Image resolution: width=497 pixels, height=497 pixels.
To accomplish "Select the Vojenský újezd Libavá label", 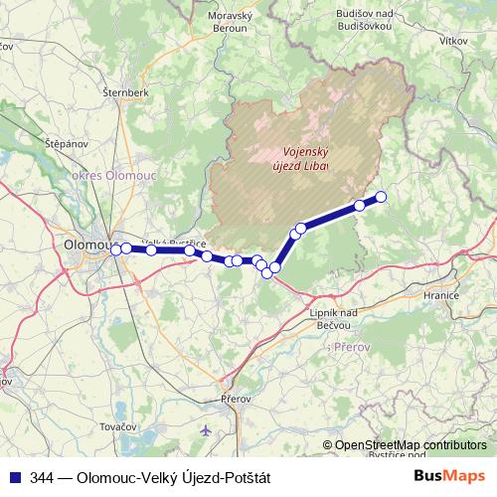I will coord(300,159).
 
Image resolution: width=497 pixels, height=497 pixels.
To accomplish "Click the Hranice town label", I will coord(440,296).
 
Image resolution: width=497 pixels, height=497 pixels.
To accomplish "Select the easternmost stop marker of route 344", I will coord(380,196).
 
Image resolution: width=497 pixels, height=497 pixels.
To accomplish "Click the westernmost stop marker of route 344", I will coord(115,249).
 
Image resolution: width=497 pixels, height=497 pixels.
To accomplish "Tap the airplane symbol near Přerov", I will coord(206,431).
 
